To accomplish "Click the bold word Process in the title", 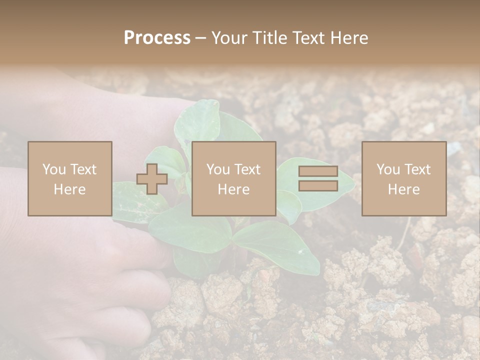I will tap(157, 38).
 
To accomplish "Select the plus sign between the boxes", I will tap(152, 179).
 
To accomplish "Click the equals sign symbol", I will tap(318, 179).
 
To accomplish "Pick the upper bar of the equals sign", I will tap(318, 171).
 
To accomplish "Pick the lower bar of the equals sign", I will tap(318, 186).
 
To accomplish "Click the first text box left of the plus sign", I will tap(70, 179).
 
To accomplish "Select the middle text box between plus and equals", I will tap(234, 179).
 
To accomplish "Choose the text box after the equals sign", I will tap(404, 179).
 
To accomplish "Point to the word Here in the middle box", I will tap(234, 189).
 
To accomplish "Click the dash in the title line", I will tap(201, 38).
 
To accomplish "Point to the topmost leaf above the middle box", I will tap(200, 120).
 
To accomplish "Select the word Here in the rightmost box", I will tap(404, 189).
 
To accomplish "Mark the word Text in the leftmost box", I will tap(83, 169).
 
